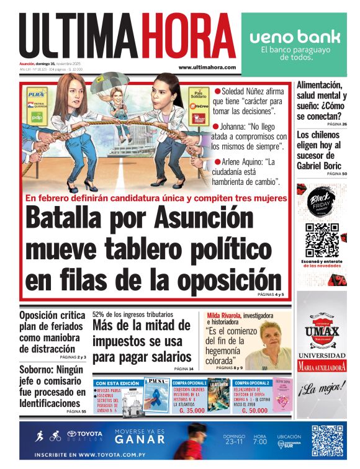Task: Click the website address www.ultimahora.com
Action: (x=207, y=67)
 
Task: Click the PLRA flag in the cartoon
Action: (x=37, y=94)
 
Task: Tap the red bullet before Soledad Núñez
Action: (x=217, y=91)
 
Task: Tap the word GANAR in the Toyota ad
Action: (x=143, y=440)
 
